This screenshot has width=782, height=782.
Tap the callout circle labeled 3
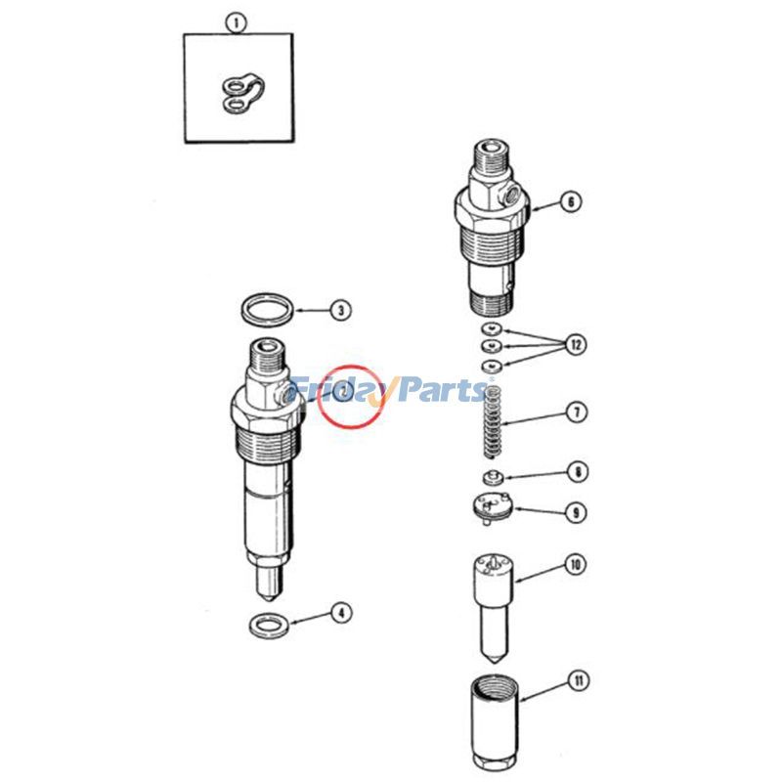339,311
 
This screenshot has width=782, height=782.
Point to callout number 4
339,613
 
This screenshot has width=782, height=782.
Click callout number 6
571,202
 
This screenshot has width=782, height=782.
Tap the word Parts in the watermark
439,390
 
